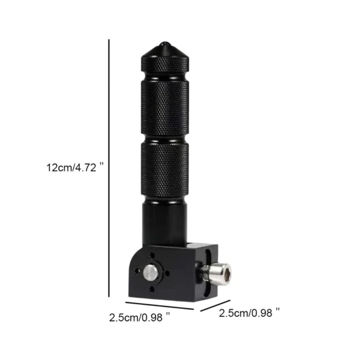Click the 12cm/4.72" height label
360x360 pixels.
75,167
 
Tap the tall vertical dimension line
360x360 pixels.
109,168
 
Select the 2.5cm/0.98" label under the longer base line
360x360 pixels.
140,317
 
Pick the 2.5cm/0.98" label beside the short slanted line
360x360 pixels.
250,313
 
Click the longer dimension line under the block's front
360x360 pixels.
160,306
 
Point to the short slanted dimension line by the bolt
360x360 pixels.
215,305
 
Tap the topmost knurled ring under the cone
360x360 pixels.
166,65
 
